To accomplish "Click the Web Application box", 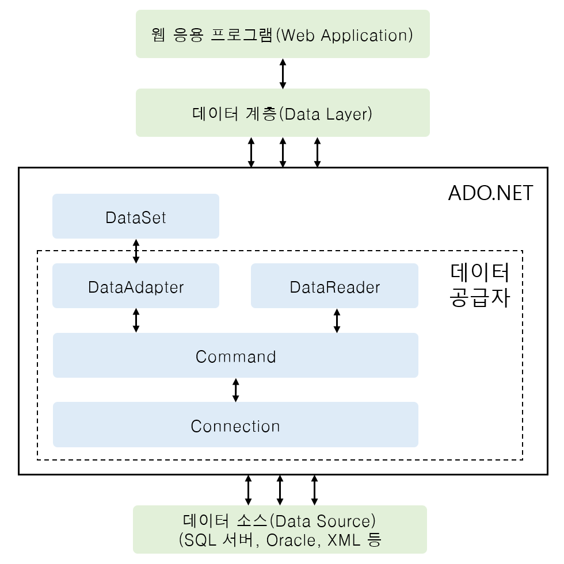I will [x=283, y=34].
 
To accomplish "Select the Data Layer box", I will [x=283, y=113].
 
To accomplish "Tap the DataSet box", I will [x=136, y=217].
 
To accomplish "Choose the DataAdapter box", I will [x=136, y=286].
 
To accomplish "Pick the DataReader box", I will [x=334, y=286].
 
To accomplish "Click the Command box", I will [x=235, y=356].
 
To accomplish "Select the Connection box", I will [x=235, y=425].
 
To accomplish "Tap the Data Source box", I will [x=280, y=530].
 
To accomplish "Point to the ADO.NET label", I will [x=490, y=193].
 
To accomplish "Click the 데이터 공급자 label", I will [x=479, y=285].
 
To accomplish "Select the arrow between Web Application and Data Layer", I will [x=283, y=73].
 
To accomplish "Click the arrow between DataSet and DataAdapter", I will [x=136, y=251].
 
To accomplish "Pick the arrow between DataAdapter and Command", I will [x=136, y=320].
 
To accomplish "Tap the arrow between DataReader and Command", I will [x=337, y=320].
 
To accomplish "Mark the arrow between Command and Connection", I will [x=235, y=390].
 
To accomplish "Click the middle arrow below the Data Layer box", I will [x=283, y=152].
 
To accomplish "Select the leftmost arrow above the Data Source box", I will [x=248, y=490].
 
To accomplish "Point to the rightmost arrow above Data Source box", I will [x=314, y=490].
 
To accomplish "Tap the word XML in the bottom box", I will [x=342, y=540].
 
